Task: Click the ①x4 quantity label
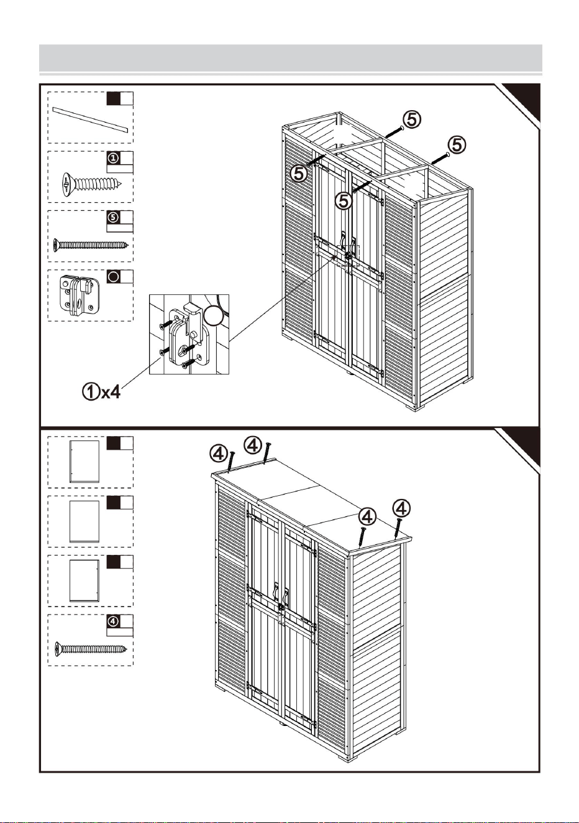coord(101,392)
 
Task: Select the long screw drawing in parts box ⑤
coord(91,244)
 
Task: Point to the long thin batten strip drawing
coord(90,119)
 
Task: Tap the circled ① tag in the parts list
coord(114,158)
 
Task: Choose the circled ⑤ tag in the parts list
coord(114,218)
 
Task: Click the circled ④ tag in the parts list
coord(114,621)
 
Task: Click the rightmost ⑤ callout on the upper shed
coord(457,144)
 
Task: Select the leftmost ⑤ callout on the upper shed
coord(299,173)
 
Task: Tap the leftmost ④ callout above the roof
coord(219,454)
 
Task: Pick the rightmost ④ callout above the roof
coord(401,508)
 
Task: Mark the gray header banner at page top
coord(291,58)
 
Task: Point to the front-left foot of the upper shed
coord(289,337)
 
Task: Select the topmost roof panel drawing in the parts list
coord(84,462)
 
